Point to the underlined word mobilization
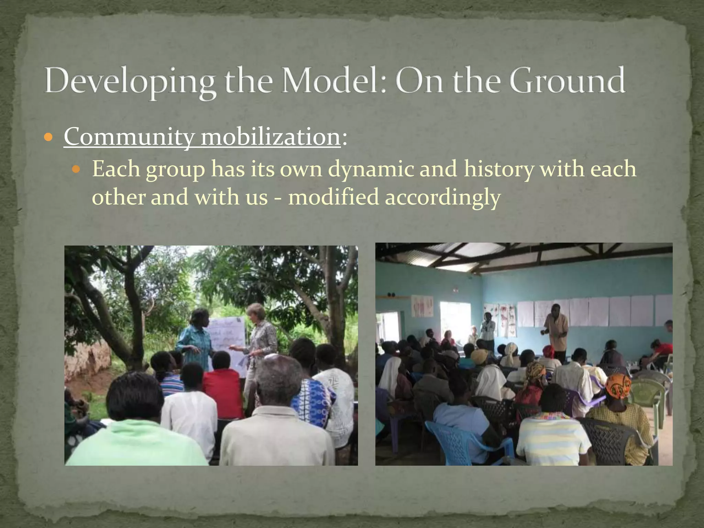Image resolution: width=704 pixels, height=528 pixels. [270, 137]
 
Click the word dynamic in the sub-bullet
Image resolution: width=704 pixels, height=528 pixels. [371, 170]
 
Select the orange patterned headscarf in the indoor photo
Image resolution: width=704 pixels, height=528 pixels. [618, 385]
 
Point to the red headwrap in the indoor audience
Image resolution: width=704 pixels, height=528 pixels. [548, 351]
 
